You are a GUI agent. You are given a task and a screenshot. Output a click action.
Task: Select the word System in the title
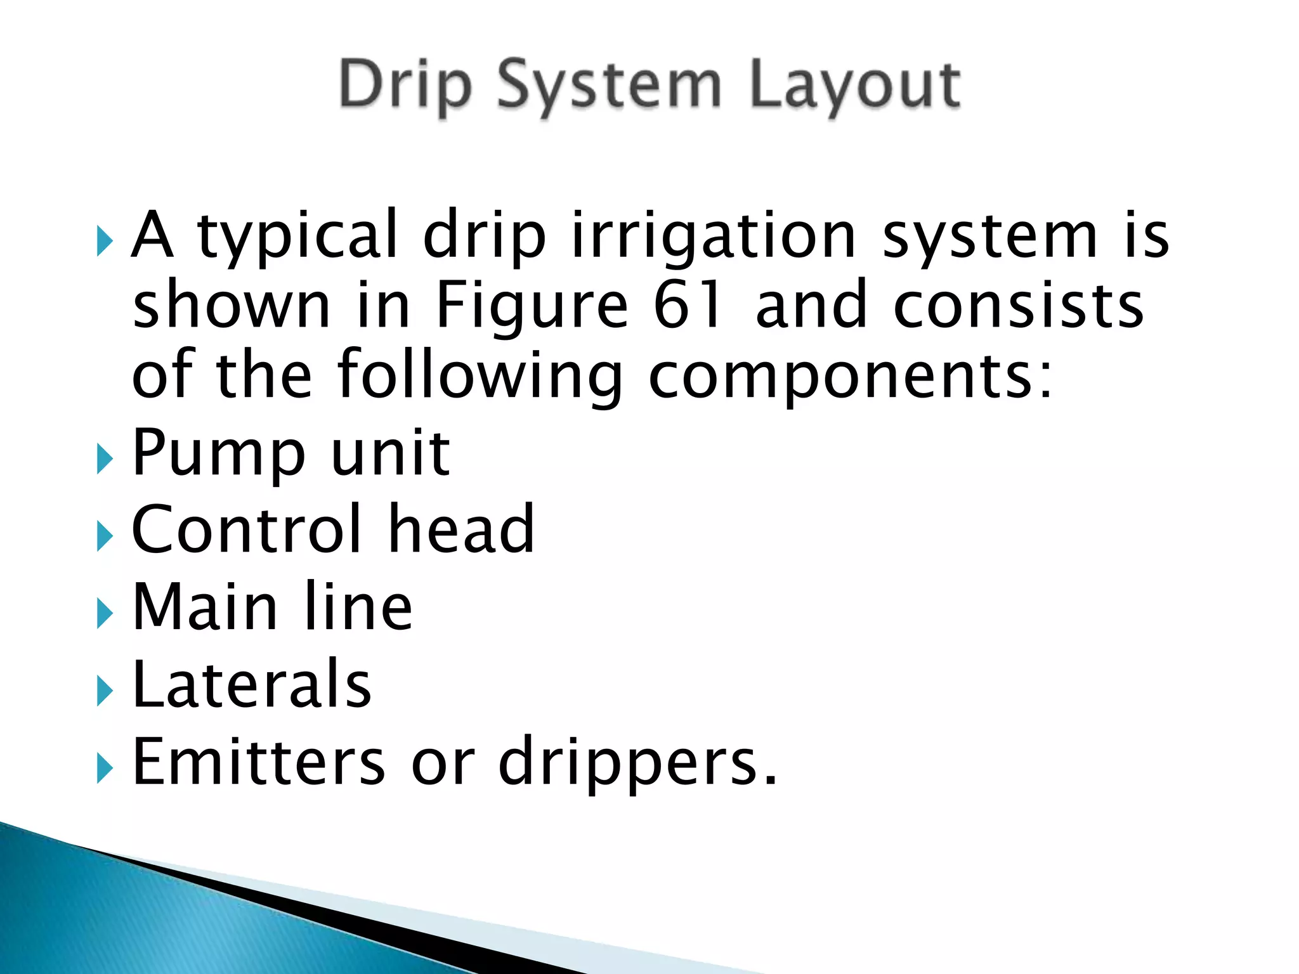(x=609, y=86)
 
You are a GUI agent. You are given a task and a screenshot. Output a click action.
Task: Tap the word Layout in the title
(x=854, y=86)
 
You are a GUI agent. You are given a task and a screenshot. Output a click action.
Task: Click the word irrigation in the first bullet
(x=714, y=236)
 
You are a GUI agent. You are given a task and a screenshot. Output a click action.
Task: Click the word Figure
(x=532, y=306)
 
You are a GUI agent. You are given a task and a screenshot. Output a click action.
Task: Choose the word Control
(x=247, y=529)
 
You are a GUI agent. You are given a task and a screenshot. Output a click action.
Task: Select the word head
(x=461, y=529)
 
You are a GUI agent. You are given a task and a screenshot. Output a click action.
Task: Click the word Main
(x=205, y=607)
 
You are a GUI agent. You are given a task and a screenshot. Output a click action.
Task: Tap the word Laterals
(x=252, y=684)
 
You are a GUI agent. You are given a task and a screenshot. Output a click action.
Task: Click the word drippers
(x=637, y=762)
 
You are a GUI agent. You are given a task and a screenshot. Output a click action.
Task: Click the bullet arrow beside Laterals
(x=105, y=691)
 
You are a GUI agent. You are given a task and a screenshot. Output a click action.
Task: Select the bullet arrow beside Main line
(x=105, y=613)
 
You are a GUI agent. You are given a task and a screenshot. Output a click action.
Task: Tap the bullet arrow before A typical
(x=105, y=242)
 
